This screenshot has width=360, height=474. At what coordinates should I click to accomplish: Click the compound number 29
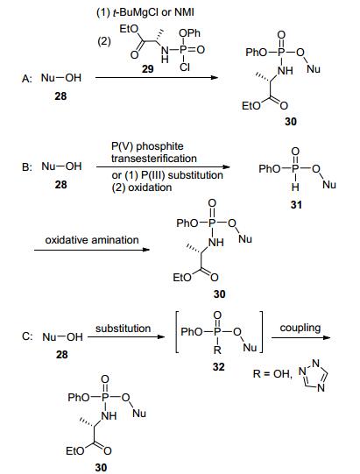tap(147, 69)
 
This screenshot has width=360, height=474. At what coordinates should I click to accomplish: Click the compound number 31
tap(296, 205)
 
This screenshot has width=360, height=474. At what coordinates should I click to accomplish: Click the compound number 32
tap(218, 367)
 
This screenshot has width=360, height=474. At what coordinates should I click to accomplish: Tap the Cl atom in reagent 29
tap(185, 67)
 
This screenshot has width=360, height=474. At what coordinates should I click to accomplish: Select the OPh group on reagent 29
tap(189, 32)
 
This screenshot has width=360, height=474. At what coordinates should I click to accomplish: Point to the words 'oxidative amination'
tap(92, 240)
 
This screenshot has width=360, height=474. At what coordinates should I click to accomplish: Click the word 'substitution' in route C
tap(123, 329)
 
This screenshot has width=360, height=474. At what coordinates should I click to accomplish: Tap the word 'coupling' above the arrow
tap(300, 328)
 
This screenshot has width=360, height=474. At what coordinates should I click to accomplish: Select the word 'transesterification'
tap(154, 159)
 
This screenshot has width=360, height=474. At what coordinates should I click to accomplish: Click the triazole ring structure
tap(314, 376)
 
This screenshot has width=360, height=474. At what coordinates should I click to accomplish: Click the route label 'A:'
tap(26, 79)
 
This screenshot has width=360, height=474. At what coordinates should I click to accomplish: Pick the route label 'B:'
tap(27, 166)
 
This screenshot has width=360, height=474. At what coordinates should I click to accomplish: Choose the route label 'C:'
tap(27, 336)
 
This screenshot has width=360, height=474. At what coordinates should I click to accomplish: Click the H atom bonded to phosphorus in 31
tap(295, 187)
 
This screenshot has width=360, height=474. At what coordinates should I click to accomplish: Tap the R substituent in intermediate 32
tap(217, 350)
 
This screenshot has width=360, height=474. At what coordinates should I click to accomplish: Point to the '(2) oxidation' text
tap(142, 187)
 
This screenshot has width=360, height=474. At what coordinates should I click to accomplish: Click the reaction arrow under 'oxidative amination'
tap(92, 250)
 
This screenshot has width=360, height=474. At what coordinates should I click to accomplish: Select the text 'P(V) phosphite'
tap(147, 146)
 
